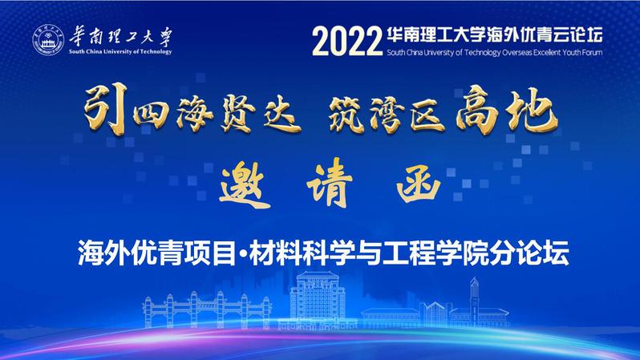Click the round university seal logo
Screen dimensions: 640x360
[49, 39]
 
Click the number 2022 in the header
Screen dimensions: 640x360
[347, 42]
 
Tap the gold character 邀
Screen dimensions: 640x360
[245, 184]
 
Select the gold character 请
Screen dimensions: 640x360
[330, 184]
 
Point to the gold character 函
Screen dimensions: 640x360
[419, 187]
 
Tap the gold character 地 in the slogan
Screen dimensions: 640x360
[533, 110]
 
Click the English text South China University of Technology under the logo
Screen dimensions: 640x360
[120, 52]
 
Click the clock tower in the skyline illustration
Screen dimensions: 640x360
[474, 300]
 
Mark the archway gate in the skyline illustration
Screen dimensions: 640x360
[207, 310]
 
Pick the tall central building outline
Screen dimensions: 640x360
[318, 299]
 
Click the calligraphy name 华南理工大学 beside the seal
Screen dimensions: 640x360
[121, 37]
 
